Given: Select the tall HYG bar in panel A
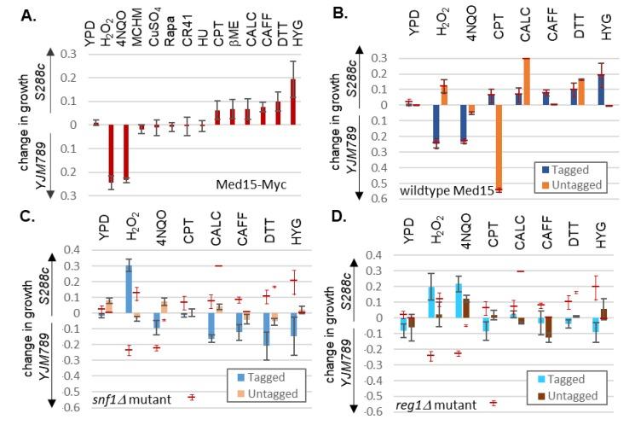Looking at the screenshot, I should (294, 102).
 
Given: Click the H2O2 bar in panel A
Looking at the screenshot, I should (110, 154).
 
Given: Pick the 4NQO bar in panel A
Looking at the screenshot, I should (126, 154).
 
